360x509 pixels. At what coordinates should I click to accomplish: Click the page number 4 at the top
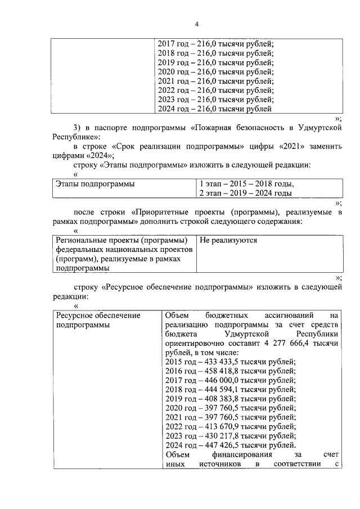pos(197,24)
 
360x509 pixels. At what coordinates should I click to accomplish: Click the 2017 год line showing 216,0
pos(215,44)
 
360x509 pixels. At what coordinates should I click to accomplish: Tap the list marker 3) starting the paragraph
pos(79,129)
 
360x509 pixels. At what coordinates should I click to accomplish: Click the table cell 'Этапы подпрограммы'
pos(94,184)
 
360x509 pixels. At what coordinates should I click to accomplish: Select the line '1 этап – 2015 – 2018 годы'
pos(246,184)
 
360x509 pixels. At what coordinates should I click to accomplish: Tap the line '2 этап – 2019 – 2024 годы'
pos(246,193)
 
